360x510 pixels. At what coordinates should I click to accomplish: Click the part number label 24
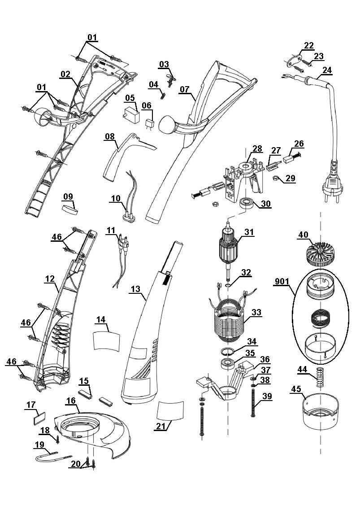(327, 70)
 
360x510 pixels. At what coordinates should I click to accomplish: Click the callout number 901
(282, 282)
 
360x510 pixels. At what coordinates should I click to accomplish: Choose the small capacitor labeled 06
(149, 125)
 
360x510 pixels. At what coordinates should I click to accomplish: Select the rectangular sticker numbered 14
(106, 340)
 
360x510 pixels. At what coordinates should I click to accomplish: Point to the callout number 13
(136, 289)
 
